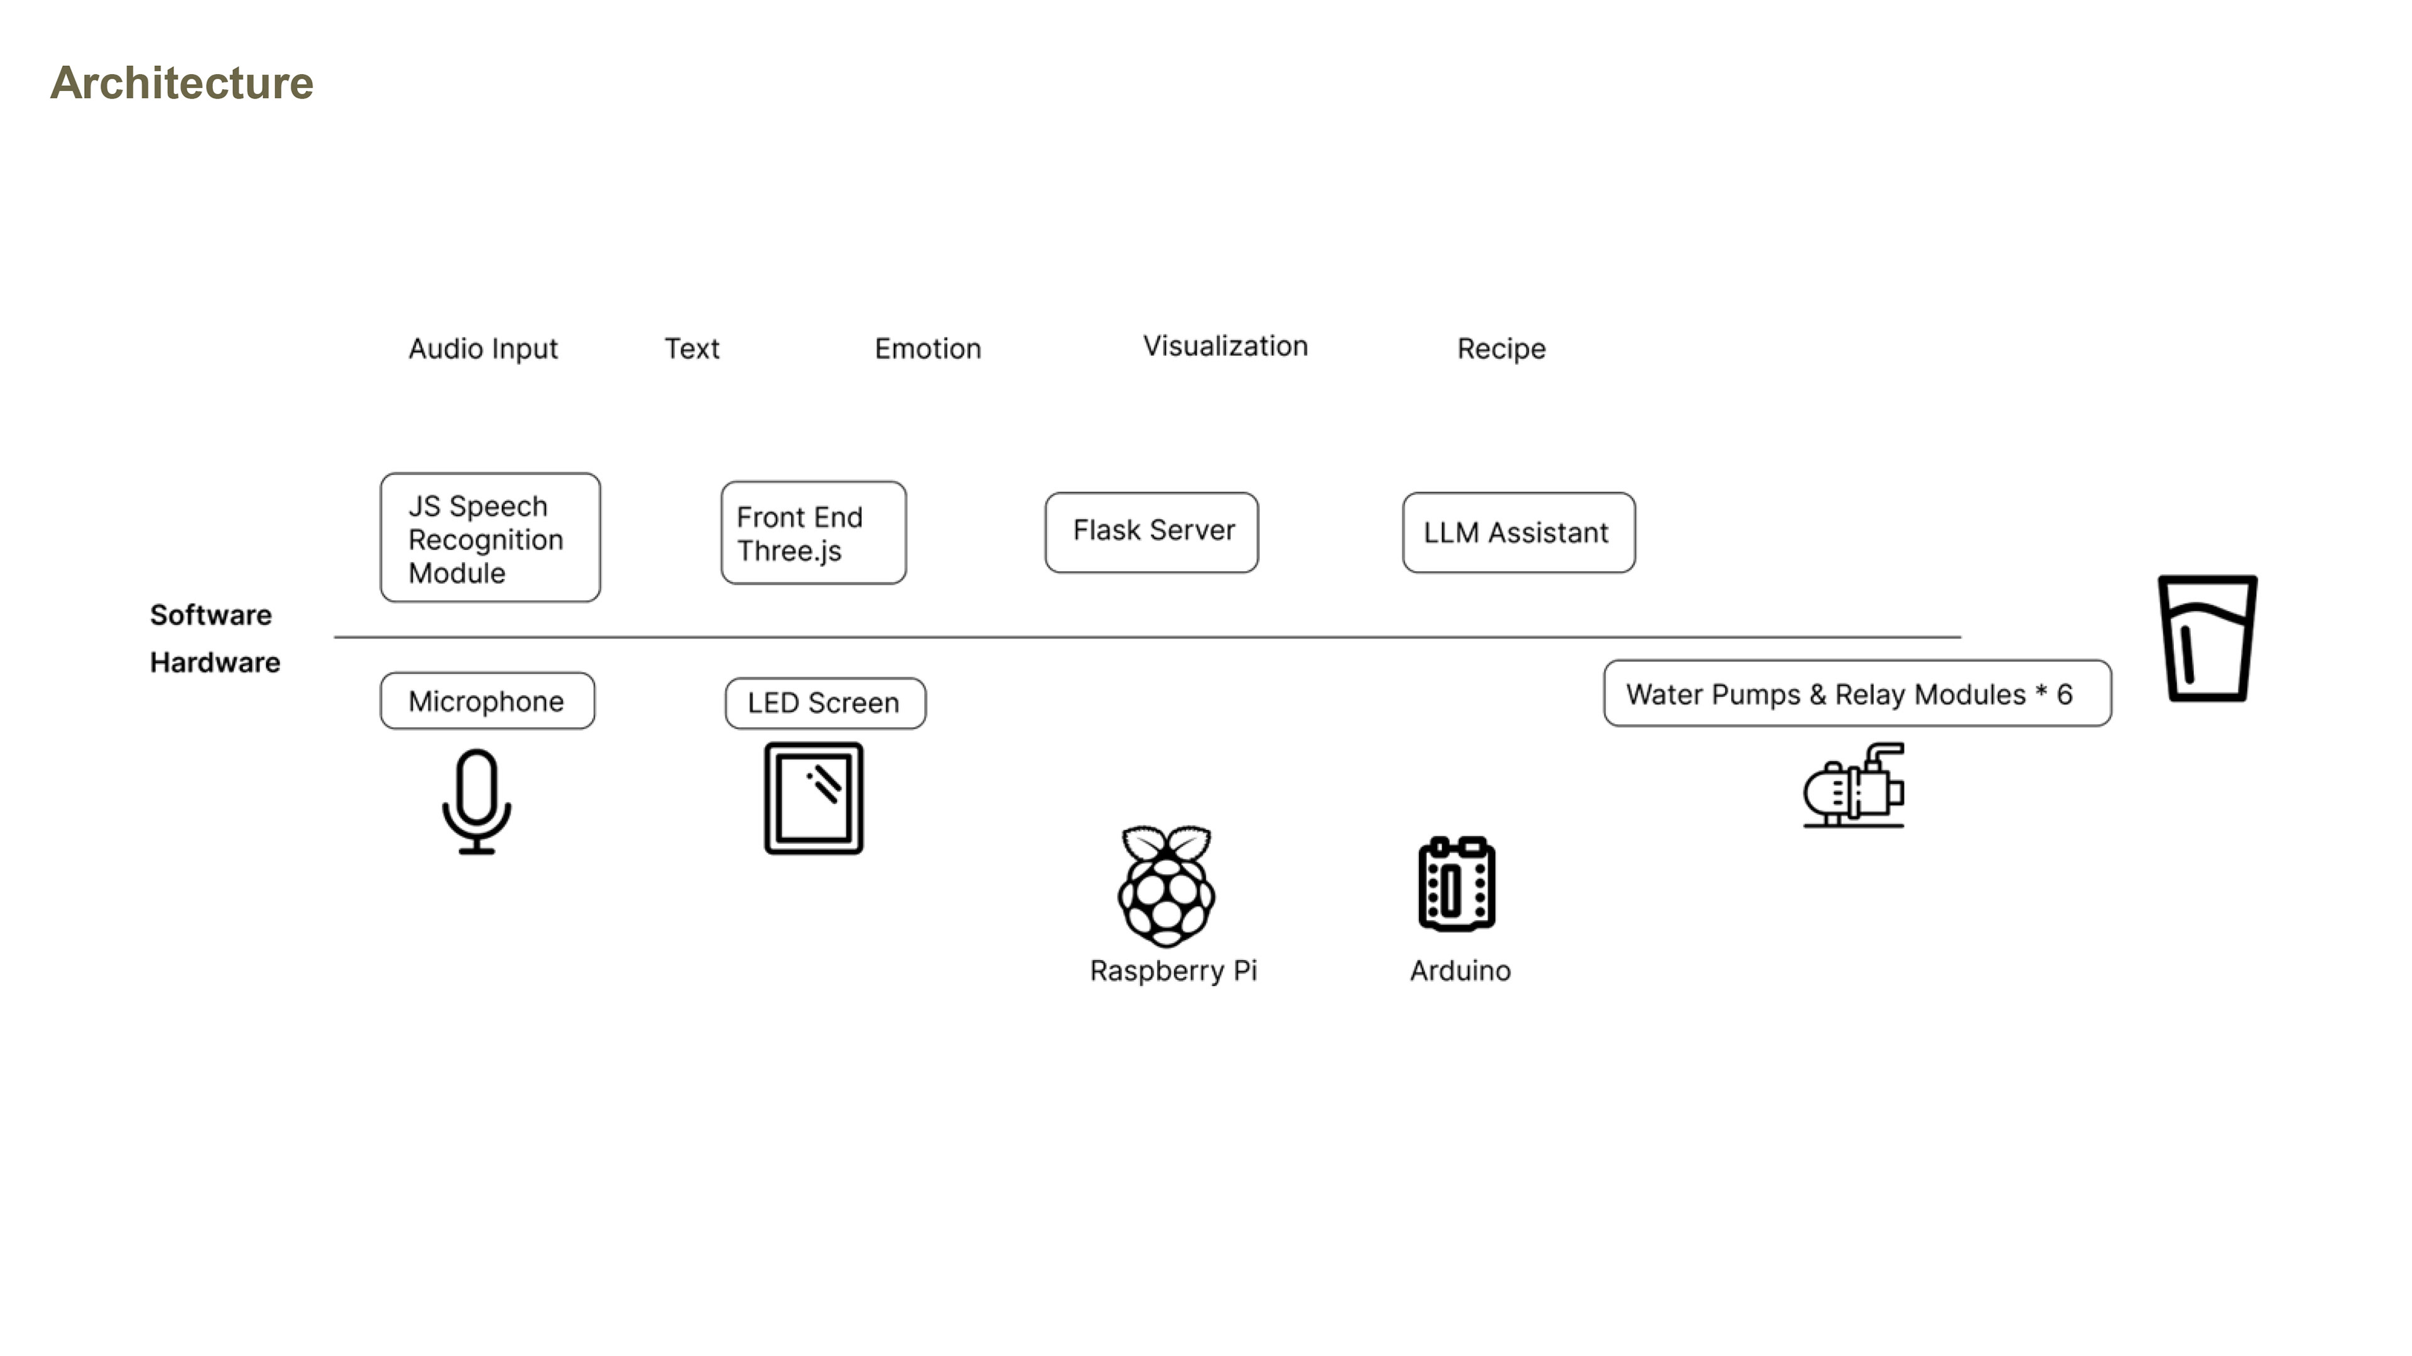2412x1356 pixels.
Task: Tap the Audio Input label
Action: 483,349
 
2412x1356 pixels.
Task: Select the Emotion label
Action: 928,348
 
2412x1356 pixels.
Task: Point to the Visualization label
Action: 1225,347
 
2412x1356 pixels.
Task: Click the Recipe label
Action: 1501,349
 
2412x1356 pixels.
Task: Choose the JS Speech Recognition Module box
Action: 490,537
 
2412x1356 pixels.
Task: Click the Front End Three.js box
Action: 813,532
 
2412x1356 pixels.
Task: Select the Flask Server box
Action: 1152,532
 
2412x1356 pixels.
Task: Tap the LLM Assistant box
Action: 1519,532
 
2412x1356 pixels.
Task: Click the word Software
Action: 210,615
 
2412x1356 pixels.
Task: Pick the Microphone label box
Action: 487,700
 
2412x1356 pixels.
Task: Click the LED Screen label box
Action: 825,703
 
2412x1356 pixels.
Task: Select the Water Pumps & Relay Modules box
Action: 1858,694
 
